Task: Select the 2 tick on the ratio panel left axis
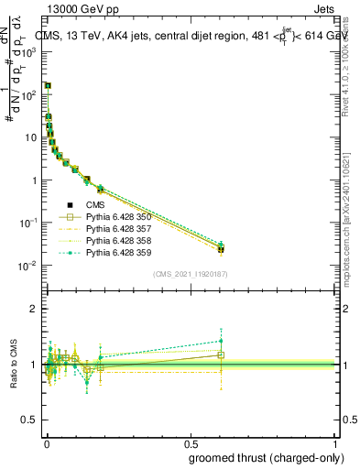click(36, 309)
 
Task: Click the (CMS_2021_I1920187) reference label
click(190, 275)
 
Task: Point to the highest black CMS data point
click(48, 86)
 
